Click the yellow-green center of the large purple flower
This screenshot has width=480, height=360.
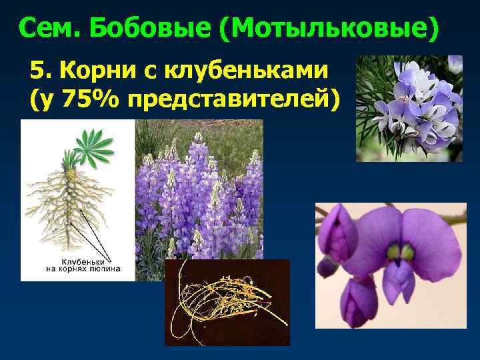[x=395, y=252]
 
